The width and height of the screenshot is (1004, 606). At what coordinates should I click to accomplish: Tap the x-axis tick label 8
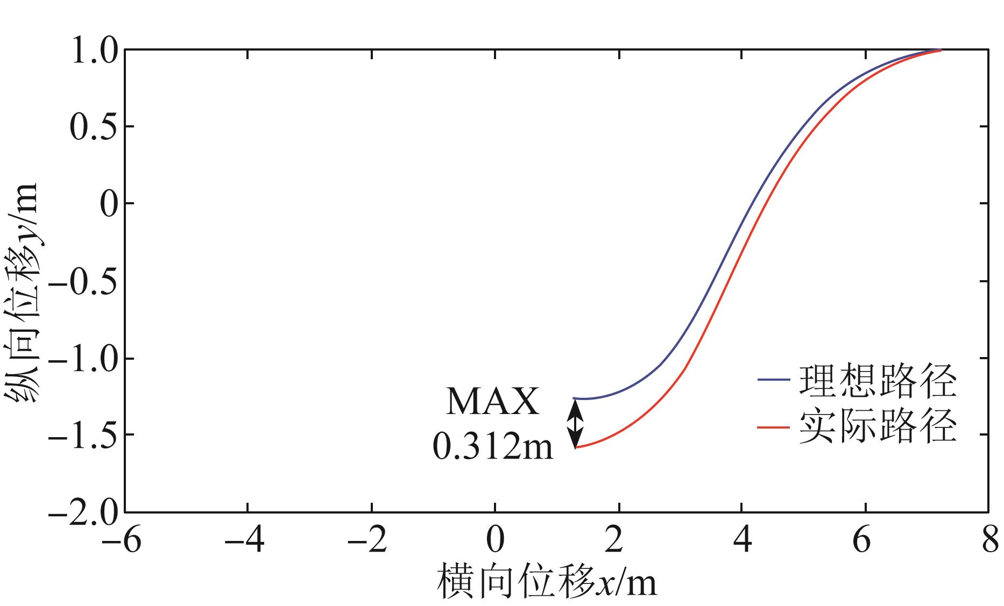[989, 541]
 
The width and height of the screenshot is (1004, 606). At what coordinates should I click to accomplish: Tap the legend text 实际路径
[878, 427]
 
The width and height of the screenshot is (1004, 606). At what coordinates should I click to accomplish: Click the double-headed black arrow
[576, 423]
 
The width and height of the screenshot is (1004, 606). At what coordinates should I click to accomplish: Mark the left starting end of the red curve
[576, 447]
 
